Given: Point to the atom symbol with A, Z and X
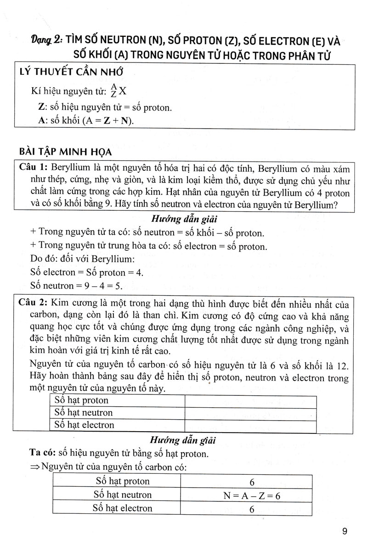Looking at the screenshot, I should [118, 91].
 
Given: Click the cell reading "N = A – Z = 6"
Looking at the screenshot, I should [252, 496].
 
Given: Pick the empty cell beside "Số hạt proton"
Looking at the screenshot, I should [250, 400].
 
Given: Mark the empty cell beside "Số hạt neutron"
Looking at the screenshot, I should [250, 413].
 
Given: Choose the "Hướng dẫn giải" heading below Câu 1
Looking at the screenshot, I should [183, 219].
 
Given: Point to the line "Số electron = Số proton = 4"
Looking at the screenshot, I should [86, 272].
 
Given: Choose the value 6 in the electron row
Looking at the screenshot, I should [252, 509].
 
